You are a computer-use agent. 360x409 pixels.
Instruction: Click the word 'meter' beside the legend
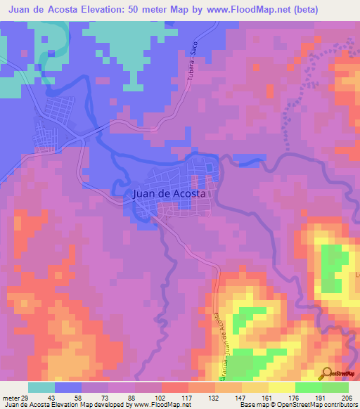(x=9, y=398)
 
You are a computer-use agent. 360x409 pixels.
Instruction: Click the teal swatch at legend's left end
(x=41, y=387)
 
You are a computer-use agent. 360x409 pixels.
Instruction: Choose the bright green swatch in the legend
(x=309, y=387)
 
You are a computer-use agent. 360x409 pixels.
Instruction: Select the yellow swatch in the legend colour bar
(x=255, y=387)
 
